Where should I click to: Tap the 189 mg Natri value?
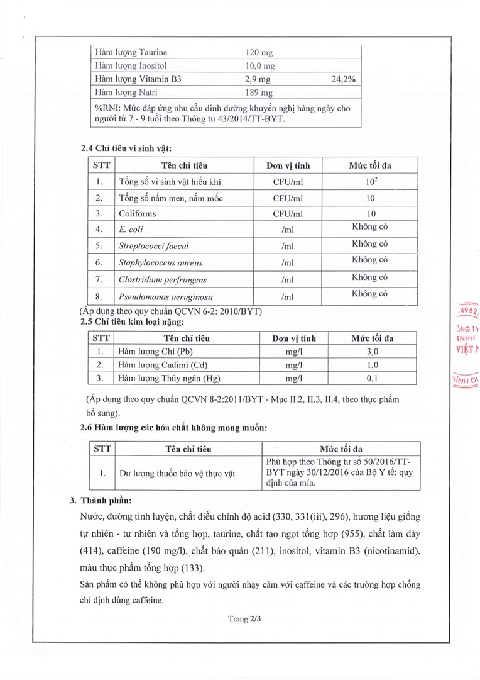258,92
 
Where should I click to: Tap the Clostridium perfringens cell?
162,279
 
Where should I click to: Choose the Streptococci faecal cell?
153,246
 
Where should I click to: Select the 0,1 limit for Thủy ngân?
372,378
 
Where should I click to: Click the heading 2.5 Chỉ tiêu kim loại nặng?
133,322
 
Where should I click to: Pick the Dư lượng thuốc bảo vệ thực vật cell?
177,473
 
